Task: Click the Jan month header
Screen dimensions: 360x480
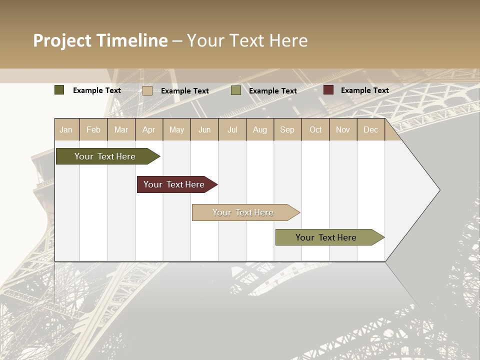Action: click(66, 129)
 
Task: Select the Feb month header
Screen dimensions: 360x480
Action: click(93, 129)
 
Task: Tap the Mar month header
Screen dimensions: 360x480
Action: click(121, 129)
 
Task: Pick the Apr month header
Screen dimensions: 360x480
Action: click(148, 129)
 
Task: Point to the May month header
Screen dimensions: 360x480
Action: click(176, 129)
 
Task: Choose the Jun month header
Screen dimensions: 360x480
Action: click(204, 129)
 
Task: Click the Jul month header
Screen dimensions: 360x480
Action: click(232, 129)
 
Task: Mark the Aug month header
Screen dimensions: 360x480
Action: click(259, 129)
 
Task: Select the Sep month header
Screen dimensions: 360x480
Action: click(287, 129)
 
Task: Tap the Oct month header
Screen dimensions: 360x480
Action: click(315, 129)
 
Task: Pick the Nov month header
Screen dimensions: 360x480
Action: click(343, 129)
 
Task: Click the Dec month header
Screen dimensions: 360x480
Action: click(370, 129)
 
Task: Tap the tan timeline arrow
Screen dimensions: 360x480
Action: click(243, 212)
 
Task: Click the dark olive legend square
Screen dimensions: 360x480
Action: click(59, 90)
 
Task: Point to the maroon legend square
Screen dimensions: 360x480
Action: click(328, 90)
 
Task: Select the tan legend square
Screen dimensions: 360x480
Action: click(147, 90)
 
